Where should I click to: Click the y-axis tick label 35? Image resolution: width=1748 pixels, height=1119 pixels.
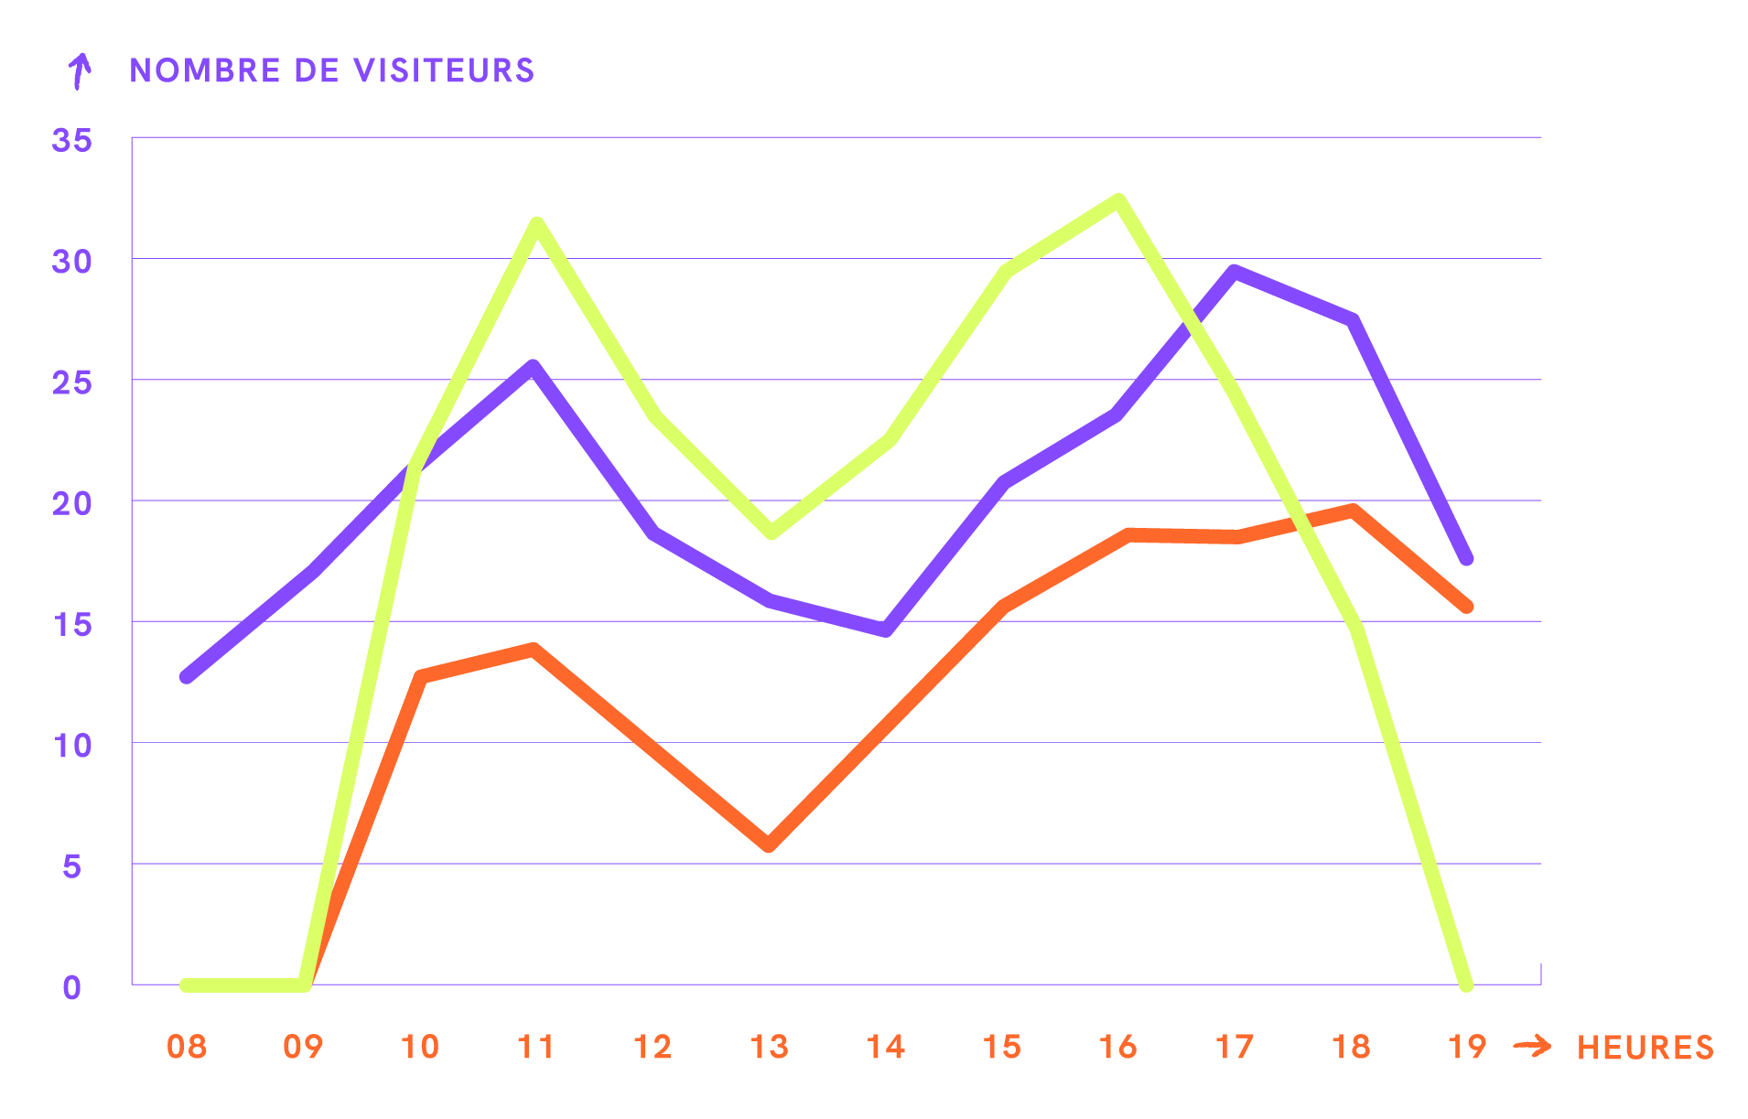coord(72,140)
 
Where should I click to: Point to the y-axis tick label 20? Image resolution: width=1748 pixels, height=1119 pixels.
coord(72,503)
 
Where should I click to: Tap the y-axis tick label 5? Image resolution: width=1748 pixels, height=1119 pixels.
coord(72,866)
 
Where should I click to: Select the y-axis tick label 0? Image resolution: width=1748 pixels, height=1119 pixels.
coord(72,987)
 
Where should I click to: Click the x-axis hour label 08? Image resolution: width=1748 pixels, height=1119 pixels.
coord(187,1047)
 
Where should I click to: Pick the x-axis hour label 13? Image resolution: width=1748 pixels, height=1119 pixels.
coord(769,1047)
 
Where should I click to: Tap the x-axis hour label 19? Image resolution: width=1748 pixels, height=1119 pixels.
coord(1467,1047)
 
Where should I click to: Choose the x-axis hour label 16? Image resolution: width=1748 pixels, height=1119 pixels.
coord(1118,1047)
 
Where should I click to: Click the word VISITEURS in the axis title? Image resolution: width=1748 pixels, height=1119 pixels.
coord(444,70)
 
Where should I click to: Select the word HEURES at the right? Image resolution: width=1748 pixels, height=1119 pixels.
coord(1645,1048)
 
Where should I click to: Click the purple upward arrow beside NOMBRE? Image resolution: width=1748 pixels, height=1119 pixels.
coord(81,70)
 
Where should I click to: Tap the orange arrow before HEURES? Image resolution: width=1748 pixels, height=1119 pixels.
coord(1532,1046)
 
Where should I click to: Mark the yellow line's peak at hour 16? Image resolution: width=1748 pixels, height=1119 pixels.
coord(1118,200)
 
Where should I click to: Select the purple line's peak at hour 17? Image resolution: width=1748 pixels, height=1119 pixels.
coord(1235,271)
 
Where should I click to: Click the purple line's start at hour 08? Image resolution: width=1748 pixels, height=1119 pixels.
coord(187,677)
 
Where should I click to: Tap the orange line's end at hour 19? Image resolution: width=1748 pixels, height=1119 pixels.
coord(1467,607)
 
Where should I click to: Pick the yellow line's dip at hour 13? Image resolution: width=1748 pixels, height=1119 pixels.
coord(771,533)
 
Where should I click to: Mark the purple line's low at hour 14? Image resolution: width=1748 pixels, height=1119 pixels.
coord(886,629)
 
